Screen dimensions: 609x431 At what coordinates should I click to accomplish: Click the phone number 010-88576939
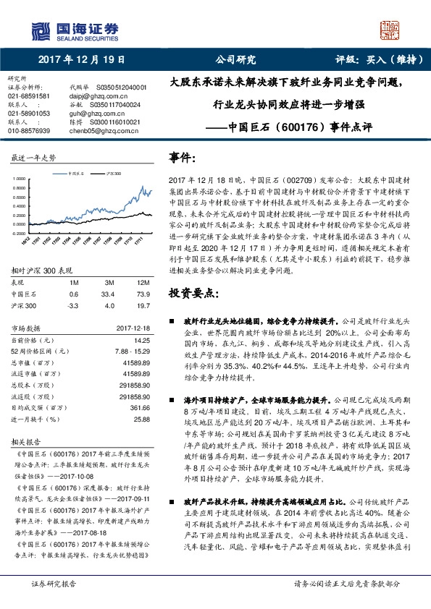[29, 130]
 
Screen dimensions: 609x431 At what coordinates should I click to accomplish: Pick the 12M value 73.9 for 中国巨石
[143, 274]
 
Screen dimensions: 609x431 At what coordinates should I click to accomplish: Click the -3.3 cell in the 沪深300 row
[73, 285]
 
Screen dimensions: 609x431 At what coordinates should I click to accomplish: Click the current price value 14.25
[142, 318]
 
